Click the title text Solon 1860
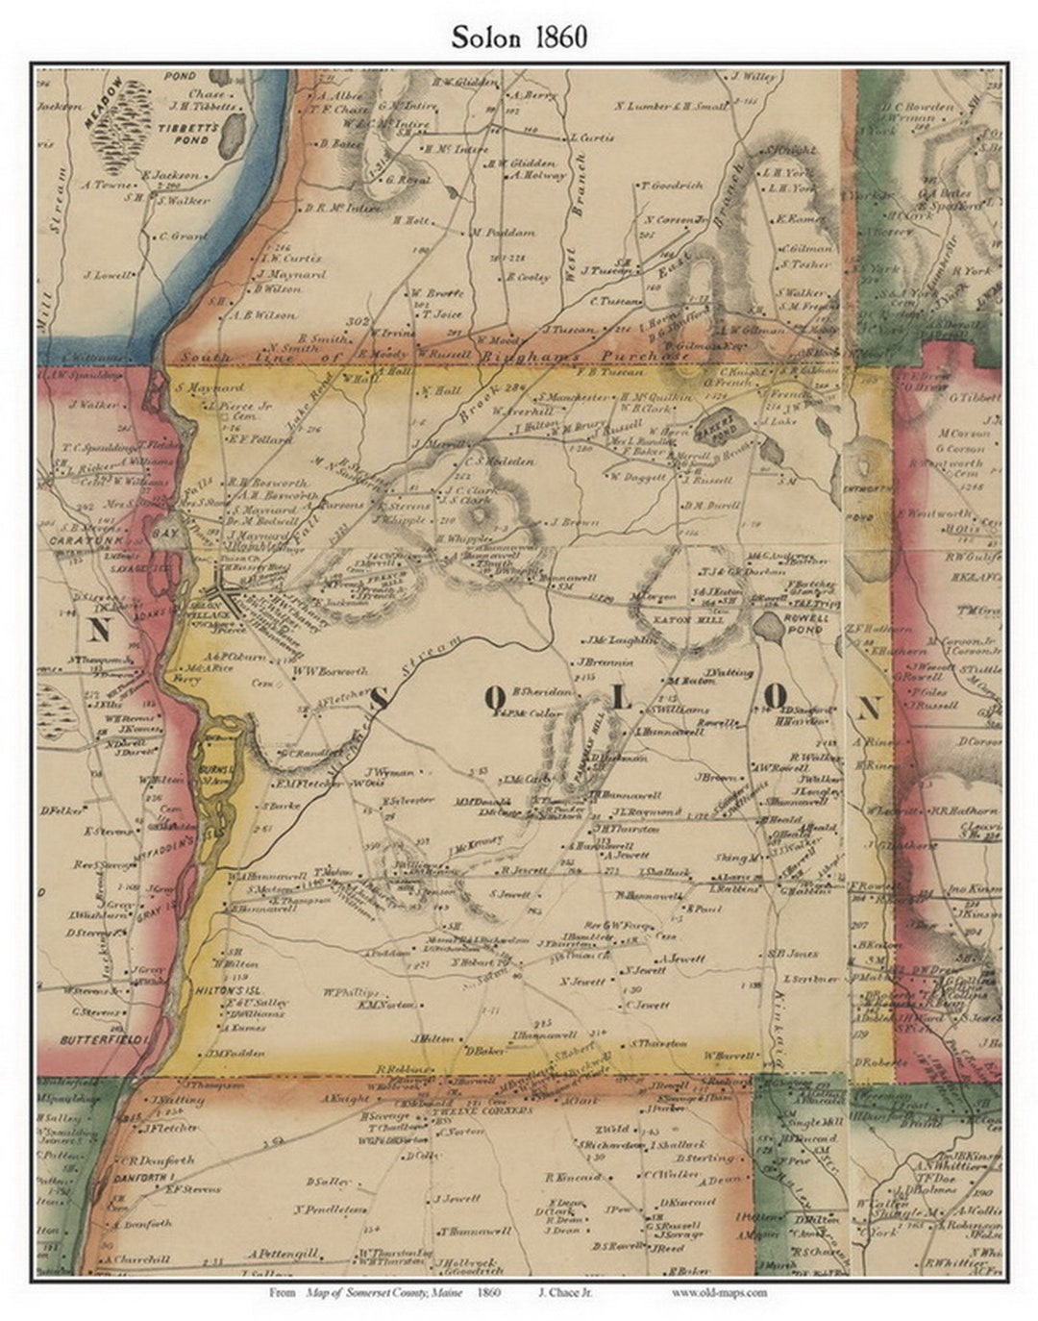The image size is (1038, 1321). coord(520,37)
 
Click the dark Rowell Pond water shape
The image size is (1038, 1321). coord(769,629)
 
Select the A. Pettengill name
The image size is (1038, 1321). coord(283,1254)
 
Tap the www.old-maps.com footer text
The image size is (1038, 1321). coord(719,1292)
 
